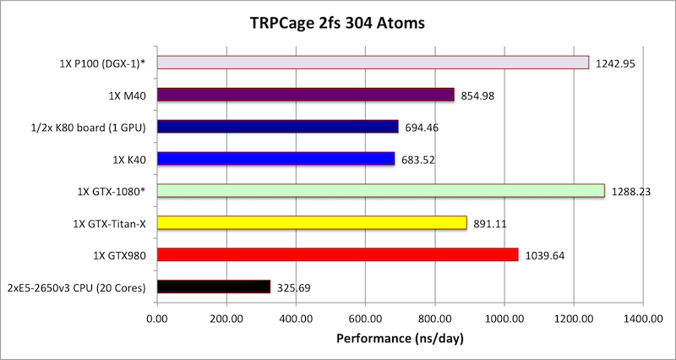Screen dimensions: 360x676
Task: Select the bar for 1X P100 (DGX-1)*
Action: (x=373, y=63)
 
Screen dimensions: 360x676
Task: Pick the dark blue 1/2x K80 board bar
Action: (x=277, y=127)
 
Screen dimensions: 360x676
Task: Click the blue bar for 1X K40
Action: (x=275, y=159)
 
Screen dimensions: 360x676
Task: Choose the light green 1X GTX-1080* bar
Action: (x=380, y=191)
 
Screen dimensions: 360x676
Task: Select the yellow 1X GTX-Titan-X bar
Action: (x=312, y=223)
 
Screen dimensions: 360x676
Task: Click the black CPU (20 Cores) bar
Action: (x=213, y=287)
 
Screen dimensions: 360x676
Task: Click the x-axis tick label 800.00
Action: (x=434, y=319)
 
